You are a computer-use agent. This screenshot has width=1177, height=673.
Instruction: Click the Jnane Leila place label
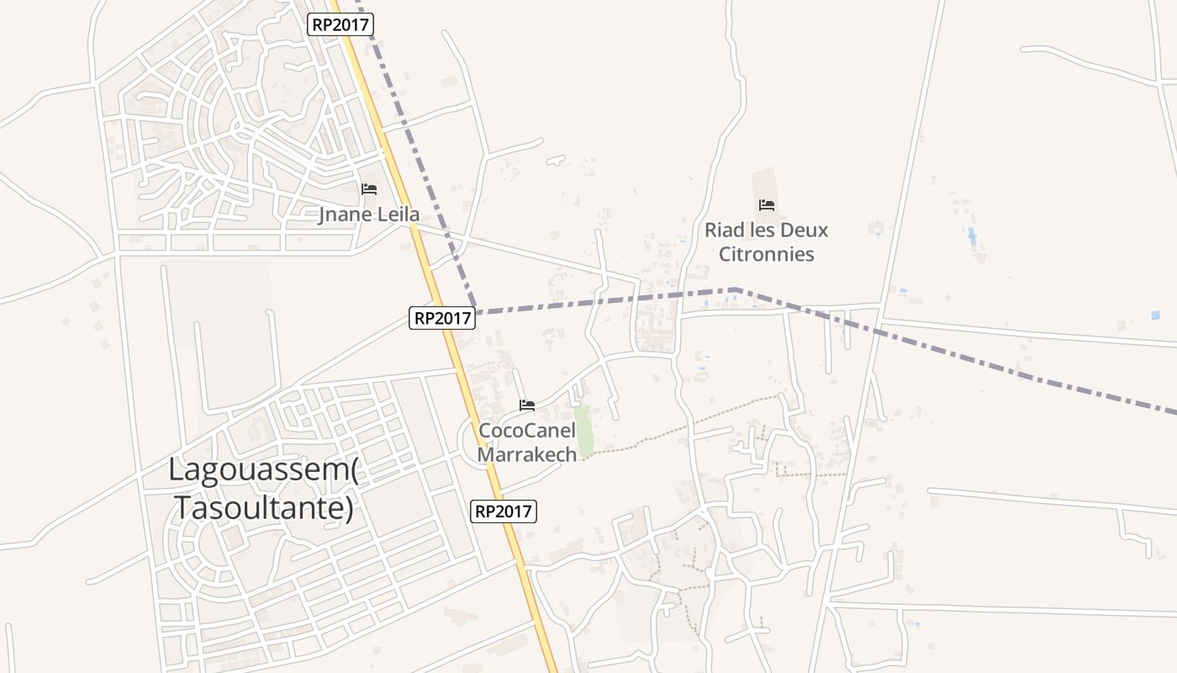(368, 215)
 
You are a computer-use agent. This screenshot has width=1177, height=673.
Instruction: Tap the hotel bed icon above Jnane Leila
(369, 189)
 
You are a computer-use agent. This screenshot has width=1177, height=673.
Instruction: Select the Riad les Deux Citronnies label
(766, 241)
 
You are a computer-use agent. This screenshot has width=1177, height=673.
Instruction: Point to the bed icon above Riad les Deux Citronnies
(766, 205)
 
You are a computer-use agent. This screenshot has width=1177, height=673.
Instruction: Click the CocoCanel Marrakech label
(527, 442)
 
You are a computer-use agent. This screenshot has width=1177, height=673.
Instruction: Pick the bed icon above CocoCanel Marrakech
(527, 405)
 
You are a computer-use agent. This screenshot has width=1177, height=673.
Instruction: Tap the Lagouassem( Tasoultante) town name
(263, 488)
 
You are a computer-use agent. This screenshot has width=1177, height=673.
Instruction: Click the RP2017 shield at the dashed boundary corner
(443, 318)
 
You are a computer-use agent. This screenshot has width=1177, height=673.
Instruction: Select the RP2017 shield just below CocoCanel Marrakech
(503, 511)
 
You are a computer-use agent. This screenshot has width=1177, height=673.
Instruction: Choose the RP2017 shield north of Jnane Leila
(340, 24)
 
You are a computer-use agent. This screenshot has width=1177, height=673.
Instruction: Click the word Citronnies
(767, 254)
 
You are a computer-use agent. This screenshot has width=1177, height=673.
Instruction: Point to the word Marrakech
(527, 454)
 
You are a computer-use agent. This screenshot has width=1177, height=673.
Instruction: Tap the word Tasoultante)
(263, 507)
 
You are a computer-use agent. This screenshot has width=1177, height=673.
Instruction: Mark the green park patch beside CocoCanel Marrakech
(584, 431)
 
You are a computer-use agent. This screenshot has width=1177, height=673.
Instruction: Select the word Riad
(724, 230)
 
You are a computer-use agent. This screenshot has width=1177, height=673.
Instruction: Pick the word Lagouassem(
(263, 469)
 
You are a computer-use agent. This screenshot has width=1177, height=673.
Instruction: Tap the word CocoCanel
(527, 431)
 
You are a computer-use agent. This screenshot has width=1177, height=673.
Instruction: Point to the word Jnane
(346, 215)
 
